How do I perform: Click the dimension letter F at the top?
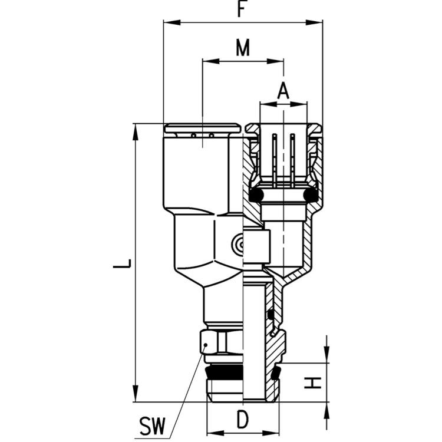[240, 9]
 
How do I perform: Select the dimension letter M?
[243, 48]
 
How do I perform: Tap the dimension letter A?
[283, 91]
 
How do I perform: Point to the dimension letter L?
[122, 263]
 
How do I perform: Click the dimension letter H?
[313, 383]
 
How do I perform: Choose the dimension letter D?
[242, 419]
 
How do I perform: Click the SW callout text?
[152, 427]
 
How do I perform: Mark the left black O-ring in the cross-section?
[256, 195]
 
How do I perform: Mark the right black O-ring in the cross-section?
[310, 195]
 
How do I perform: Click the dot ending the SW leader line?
[206, 345]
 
